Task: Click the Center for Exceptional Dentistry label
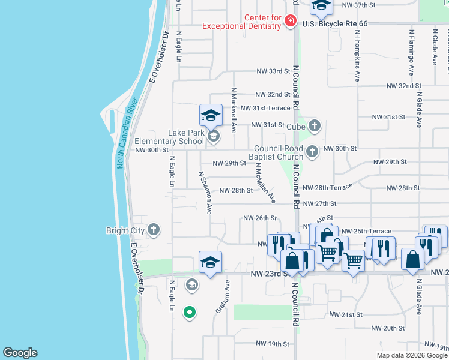pos(241,22)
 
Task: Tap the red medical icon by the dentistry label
pos(291,22)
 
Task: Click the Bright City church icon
pos(154,230)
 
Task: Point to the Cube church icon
pos(314,126)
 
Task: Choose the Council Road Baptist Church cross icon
pos(312,152)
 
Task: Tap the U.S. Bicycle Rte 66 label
pos(334,23)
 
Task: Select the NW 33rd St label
pos(273,71)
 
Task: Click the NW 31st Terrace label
pos(265,108)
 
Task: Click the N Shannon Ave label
pos(205,193)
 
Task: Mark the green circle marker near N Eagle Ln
pos(189,312)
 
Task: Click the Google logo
pos(20,353)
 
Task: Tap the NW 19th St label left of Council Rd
pos(273,344)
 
